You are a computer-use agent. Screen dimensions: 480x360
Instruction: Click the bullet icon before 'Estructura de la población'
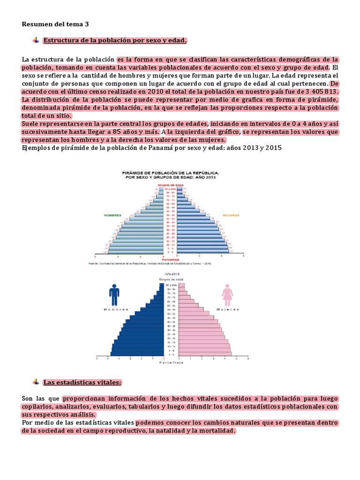36,41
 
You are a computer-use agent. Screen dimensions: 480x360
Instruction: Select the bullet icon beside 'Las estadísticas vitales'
36,382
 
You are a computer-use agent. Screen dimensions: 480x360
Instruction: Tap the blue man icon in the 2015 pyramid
114,295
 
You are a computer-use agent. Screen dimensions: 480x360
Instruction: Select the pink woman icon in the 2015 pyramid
228,295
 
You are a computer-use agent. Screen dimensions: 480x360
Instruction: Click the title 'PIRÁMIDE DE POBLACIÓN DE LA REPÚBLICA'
170,173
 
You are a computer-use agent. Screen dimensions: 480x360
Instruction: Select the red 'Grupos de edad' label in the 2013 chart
169,185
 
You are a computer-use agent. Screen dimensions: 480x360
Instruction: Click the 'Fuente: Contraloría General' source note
150,263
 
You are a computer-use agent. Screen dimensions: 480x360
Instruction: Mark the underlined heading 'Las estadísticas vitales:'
82,382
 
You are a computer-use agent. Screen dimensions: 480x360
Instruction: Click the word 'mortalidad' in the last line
216,431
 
